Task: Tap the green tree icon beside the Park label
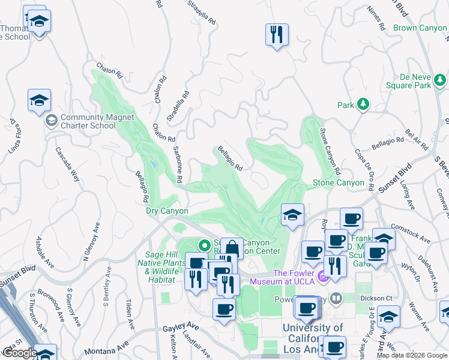click(363, 105)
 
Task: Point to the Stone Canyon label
click(338, 182)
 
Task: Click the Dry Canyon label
click(167, 211)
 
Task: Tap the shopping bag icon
click(232, 248)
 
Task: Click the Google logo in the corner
click(19, 353)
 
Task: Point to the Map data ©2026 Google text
click(412, 355)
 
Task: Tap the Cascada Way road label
click(68, 164)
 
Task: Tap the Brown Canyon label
click(420, 28)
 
